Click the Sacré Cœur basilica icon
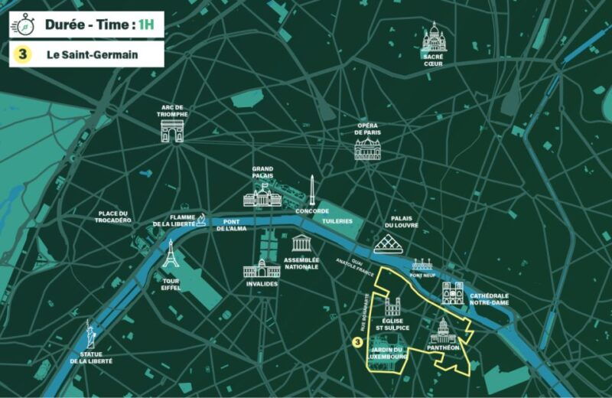434,38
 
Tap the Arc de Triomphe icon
172,131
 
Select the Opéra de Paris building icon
368,148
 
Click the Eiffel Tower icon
171,255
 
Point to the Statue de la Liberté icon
91,334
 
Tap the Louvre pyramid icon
391,243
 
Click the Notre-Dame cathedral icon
453,292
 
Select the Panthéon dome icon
444,331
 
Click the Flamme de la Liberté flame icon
201,220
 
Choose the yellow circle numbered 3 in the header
23,54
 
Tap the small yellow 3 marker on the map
356,344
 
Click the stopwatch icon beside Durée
22,24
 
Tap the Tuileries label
337,220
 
